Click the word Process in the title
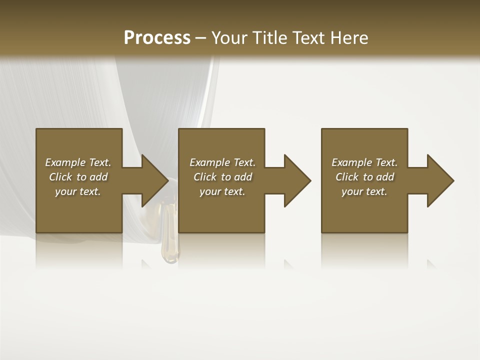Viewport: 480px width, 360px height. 157,38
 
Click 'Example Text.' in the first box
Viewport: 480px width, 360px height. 78,162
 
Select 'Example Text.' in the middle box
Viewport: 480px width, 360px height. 222,162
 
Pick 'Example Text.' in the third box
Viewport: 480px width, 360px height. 364,162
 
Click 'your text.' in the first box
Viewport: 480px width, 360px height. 78,191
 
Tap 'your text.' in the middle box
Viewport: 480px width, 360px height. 222,191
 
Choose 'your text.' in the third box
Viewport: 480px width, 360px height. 364,191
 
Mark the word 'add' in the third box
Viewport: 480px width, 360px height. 385,177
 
